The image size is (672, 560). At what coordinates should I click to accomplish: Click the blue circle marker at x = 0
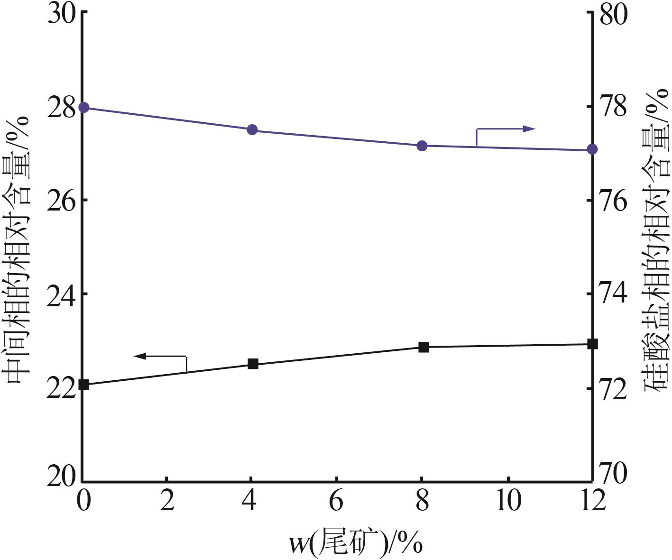pos(84,107)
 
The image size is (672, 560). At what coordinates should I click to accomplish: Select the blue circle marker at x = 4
pos(252,130)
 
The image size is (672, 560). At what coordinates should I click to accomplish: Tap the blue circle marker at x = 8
pos(422,146)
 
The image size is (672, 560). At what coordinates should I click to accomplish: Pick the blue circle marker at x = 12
pos(592,150)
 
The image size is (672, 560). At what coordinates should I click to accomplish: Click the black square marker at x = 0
pos(84,385)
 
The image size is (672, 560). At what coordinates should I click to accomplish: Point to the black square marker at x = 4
pos(253,364)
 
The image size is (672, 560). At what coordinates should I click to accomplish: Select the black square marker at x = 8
pos(423,347)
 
